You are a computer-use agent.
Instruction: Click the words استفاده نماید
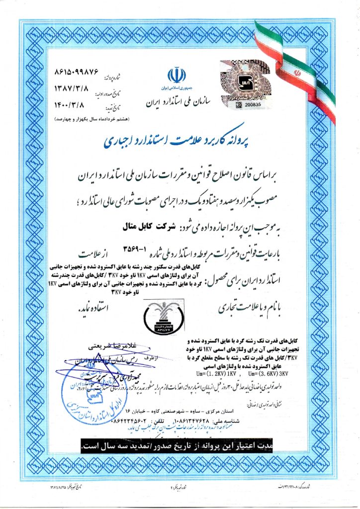pos(92,309)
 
